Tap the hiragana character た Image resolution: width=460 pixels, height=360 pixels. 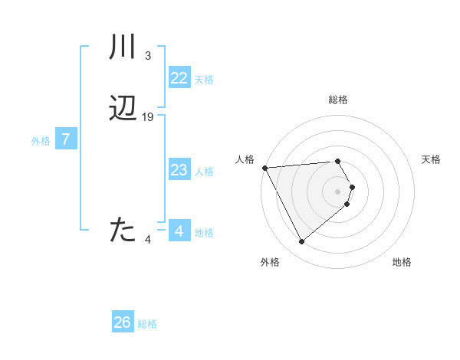(123, 230)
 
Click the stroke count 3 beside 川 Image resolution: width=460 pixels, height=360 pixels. (148, 55)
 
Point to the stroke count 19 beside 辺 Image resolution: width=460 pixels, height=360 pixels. (148, 117)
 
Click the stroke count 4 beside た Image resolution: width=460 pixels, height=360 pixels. (148, 240)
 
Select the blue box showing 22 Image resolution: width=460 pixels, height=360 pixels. (179, 78)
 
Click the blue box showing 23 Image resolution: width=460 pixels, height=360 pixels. (179, 170)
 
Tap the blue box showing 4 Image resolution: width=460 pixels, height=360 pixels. (179, 231)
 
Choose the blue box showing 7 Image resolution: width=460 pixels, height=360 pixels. (66, 140)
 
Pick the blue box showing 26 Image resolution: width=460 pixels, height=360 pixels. (123, 322)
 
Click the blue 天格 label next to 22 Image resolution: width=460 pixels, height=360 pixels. (204, 80)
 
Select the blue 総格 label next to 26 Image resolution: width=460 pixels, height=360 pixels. (148, 324)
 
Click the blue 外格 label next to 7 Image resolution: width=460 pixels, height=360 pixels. (41, 141)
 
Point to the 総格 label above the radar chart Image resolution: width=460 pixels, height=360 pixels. (338, 100)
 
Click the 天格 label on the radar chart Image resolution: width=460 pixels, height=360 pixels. (432, 159)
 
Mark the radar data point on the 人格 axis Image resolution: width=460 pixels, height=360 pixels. (264, 168)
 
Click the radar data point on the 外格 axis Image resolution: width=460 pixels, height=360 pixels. (301, 242)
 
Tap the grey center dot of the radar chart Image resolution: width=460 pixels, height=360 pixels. (338, 191)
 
